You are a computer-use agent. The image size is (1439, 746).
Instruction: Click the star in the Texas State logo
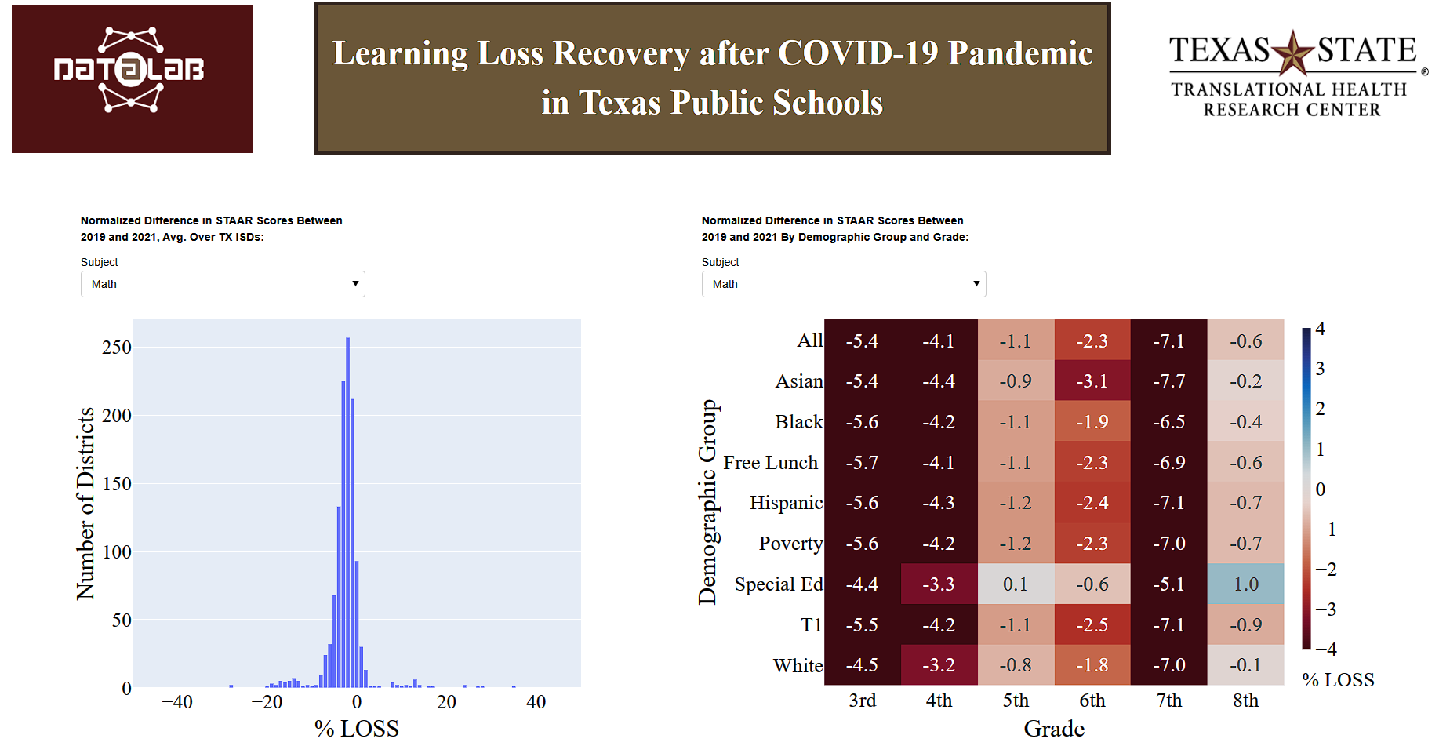click(1292, 53)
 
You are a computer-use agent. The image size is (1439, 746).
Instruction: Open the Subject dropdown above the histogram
click(223, 284)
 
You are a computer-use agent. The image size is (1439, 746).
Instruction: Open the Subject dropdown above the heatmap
click(843, 284)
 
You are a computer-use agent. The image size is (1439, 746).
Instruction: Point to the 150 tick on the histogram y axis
click(117, 484)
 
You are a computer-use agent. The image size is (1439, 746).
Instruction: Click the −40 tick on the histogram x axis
click(177, 702)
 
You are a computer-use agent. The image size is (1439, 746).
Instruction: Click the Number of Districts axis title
click(85, 504)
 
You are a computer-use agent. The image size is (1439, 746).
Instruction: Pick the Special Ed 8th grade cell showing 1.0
click(1245, 584)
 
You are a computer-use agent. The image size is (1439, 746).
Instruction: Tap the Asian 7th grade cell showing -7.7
click(1168, 381)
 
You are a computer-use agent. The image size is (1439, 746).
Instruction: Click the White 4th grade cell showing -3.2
click(939, 665)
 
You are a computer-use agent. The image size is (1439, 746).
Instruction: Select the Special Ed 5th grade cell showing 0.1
click(1016, 584)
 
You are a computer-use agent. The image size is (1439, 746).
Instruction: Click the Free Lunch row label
click(770, 463)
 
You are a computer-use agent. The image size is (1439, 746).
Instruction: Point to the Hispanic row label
click(786, 503)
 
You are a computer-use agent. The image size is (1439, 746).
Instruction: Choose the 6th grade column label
click(1092, 701)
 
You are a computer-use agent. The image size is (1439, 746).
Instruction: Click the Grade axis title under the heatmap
click(1054, 729)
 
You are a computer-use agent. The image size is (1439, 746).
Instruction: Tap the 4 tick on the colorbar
click(1321, 329)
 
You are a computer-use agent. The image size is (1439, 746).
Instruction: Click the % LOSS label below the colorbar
click(1338, 680)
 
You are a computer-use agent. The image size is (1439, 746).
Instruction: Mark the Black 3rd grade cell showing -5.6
click(862, 422)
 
